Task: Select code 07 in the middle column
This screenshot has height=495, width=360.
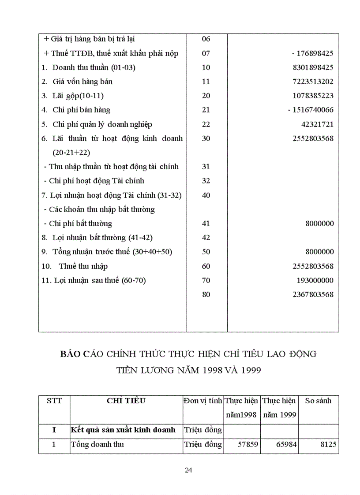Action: point(206,53)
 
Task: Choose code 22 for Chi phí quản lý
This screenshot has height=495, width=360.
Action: point(206,124)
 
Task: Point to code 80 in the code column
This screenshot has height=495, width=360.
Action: point(206,294)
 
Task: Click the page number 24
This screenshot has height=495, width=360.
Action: point(188,470)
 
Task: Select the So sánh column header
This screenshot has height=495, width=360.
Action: point(318,401)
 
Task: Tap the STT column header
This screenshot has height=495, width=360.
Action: point(54,401)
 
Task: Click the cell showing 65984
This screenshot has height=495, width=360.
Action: point(286,445)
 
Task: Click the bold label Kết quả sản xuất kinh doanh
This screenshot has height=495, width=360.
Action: point(123,430)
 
